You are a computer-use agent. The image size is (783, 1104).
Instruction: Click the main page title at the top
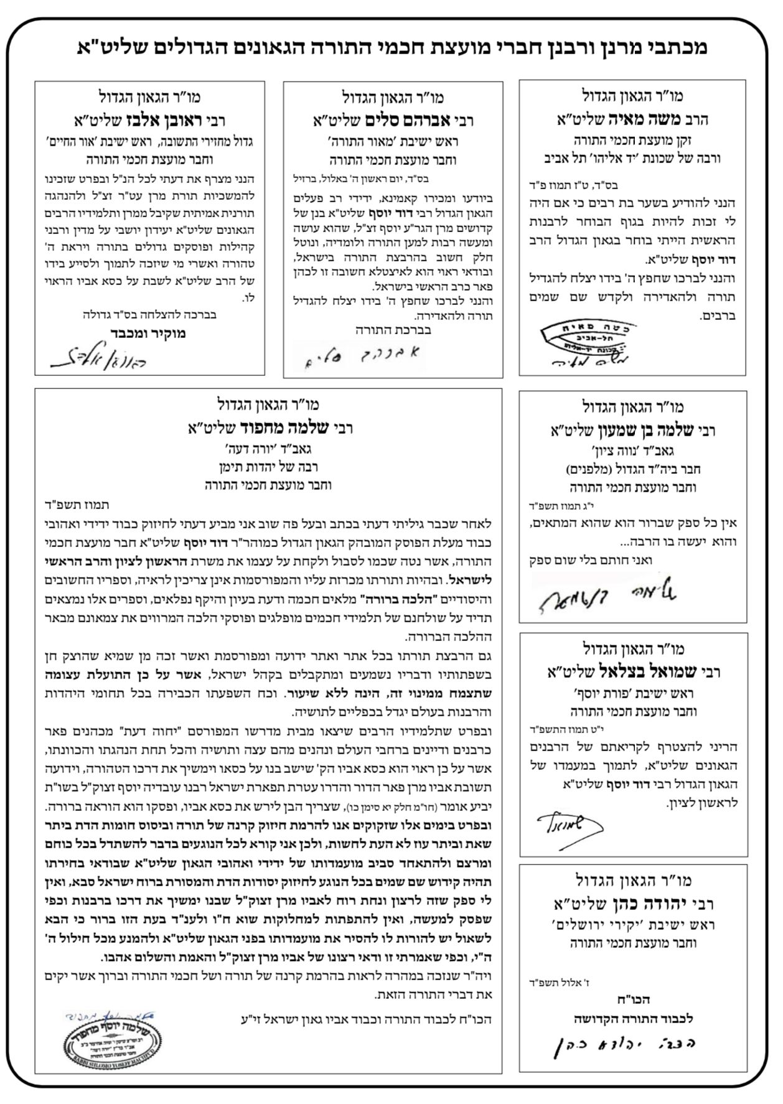pyautogui.click(x=391, y=48)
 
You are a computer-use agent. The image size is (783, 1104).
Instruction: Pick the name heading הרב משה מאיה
pyautogui.click(x=632, y=119)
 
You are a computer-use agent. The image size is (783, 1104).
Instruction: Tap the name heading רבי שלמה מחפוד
pyautogui.click(x=268, y=428)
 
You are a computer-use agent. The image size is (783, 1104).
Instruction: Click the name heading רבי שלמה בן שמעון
pyautogui.click(x=633, y=430)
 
